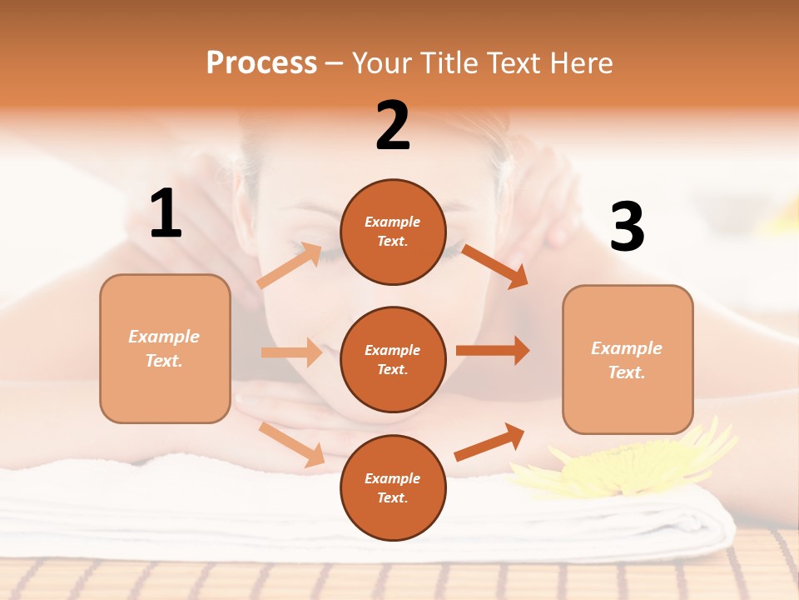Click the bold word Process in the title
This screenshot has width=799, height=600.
point(261,62)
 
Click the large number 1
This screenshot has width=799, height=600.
point(166,213)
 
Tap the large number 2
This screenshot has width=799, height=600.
point(393,126)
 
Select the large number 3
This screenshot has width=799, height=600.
point(627,227)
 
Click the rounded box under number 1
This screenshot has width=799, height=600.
point(165,348)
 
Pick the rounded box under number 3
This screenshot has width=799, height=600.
point(628,359)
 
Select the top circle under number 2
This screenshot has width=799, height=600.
point(393,232)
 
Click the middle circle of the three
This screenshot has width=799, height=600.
point(393,359)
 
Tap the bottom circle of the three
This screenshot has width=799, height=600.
point(393,487)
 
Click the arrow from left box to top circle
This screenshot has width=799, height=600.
point(289,266)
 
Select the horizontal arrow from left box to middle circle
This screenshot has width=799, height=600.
point(291,352)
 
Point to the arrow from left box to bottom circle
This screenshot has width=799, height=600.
point(291,444)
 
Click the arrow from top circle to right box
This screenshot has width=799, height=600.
point(495,266)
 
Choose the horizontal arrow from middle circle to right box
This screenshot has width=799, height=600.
point(493,350)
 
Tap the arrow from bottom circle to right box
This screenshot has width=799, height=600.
point(489,442)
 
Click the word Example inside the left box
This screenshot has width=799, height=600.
point(164,337)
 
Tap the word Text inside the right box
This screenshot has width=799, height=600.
point(625,372)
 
